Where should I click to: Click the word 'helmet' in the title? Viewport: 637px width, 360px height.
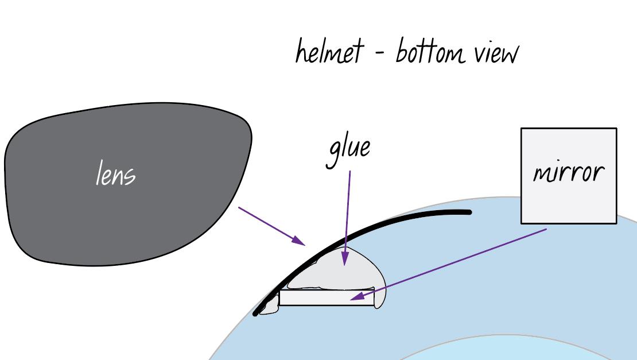pyautogui.click(x=329, y=51)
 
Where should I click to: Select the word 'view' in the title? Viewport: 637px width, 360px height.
pyautogui.click(x=497, y=53)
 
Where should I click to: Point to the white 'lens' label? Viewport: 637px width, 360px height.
pyautogui.click(x=116, y=173)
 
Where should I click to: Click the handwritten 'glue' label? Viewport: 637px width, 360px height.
pyautogui.click(x=348, y=152)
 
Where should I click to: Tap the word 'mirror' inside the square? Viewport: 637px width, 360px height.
pyautogui.click(x=569, y=173)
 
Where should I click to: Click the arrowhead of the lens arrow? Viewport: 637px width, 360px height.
pyautogui.click(x=299, y=241)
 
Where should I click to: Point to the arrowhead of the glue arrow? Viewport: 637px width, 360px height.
pyautogui.click(x=345, y=258)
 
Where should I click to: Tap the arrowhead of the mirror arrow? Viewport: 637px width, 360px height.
pyautogui.click(x=358, y=296)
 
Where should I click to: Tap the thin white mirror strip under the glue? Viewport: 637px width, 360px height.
pyautogui.click(x=327, y=298)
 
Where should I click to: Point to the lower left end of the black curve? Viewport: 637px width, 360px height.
pyautogui.click(x=255, y=313)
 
